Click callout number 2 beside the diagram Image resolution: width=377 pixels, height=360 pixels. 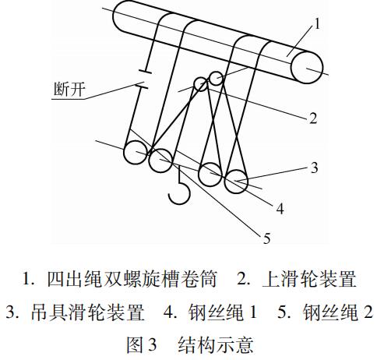[x=313, y=118]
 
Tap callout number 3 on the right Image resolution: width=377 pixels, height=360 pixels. [x=314, y=168]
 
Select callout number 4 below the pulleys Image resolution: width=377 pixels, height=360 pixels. [x=280, y=208]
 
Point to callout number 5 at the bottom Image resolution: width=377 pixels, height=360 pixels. [x=266, y=238]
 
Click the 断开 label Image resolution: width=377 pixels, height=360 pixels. [x=69, y=90]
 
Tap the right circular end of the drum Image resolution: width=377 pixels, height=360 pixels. [x=307, y=67]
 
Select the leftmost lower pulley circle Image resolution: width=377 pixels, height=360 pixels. [x=136, y=152]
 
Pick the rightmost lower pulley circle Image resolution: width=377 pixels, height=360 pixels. [x=237, y=182]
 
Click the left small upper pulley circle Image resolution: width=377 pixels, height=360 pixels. [x=201, y=84]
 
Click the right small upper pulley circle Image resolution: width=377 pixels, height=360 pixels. [x=216, y=78]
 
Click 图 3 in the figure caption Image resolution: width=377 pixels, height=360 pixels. [x=142, y=345]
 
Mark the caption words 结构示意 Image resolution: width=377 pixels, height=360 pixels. [x=216, y=345]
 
